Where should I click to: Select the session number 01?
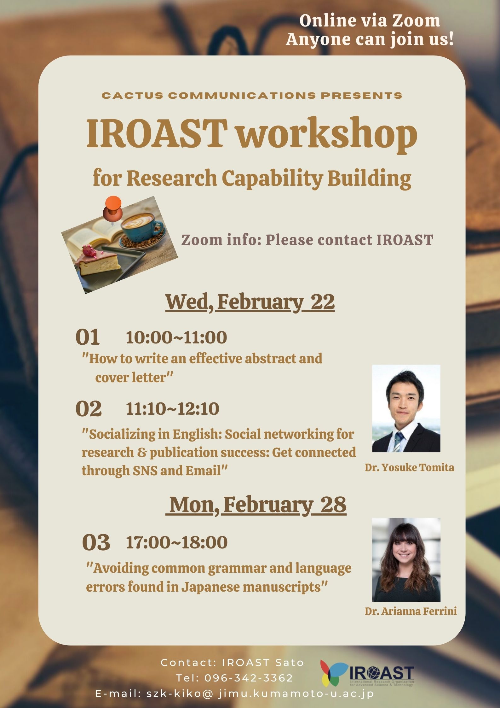[x=88, y=337]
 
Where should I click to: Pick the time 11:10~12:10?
[x=172, y=408]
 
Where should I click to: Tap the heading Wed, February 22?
[x=250, y=302]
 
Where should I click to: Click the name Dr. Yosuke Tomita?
[x=409, y=467]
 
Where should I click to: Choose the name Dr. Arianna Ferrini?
[x=411, y=611]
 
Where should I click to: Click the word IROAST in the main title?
[x=157, y=134]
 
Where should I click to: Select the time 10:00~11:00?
[x=176, y=337]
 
